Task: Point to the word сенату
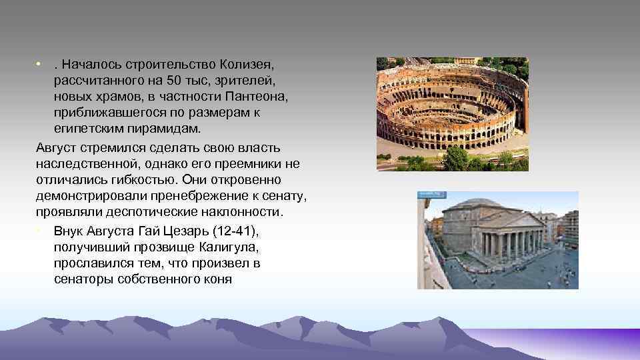283,197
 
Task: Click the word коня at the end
217,279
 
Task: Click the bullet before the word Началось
40,65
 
